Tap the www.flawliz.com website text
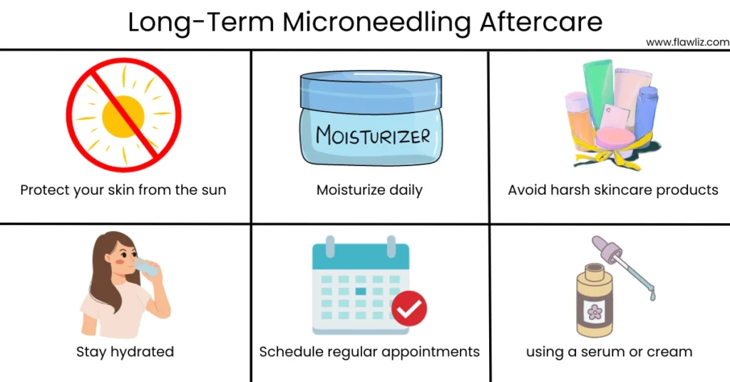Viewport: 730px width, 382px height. pyautogui.click(x=688, y=42)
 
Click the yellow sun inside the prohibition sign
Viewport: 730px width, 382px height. pyautogui.click(x=123, y=117)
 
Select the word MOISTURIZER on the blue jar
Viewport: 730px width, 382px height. pyautogui.click(x=372, y=135)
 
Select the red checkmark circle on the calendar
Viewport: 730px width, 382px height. pyautogui.click(x=409, y=308)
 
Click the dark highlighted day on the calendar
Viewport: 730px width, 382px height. pyautogui.click(x=360, y=291)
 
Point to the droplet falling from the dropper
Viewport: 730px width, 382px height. pyautogui.click(x=653, y=294)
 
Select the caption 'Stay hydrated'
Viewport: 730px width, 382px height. pyautogui.click(x=125, y=352)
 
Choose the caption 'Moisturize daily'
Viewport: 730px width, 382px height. pyautogui.click(x=370, y=190)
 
